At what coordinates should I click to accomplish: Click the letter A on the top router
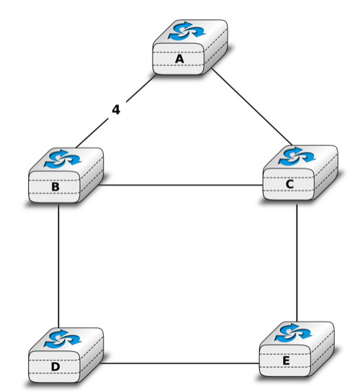tap(179, 59)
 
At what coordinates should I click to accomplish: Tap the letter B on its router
tap(55, 187)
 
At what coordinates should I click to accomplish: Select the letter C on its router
tap(289, 184)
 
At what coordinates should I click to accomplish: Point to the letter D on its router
tap(55, 367)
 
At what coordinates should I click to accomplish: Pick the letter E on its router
tap(286, 361)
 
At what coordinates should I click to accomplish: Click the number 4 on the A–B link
tap(116, 110)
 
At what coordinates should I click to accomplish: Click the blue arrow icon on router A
tap(187, 31)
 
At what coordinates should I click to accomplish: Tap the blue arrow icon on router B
tap(63, 159)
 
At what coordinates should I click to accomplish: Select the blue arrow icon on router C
tap(297, 156)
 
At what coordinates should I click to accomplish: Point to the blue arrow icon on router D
tap(63, 339)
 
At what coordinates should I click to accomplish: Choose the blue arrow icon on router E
tap(293, 333)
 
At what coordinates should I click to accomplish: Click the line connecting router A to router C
tap(252, 106)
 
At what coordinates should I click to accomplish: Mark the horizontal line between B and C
tap(181, 186)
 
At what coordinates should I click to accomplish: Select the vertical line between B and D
tap(58, 266)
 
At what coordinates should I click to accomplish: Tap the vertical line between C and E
tap(297, 263)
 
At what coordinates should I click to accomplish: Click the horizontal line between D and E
tap(179, 363)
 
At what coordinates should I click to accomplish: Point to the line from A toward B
tap(116, 111)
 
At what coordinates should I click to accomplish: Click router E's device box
tap(297, 349)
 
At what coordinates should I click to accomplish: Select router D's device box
tap(66, 355)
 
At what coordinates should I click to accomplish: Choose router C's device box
tap(300, 173)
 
